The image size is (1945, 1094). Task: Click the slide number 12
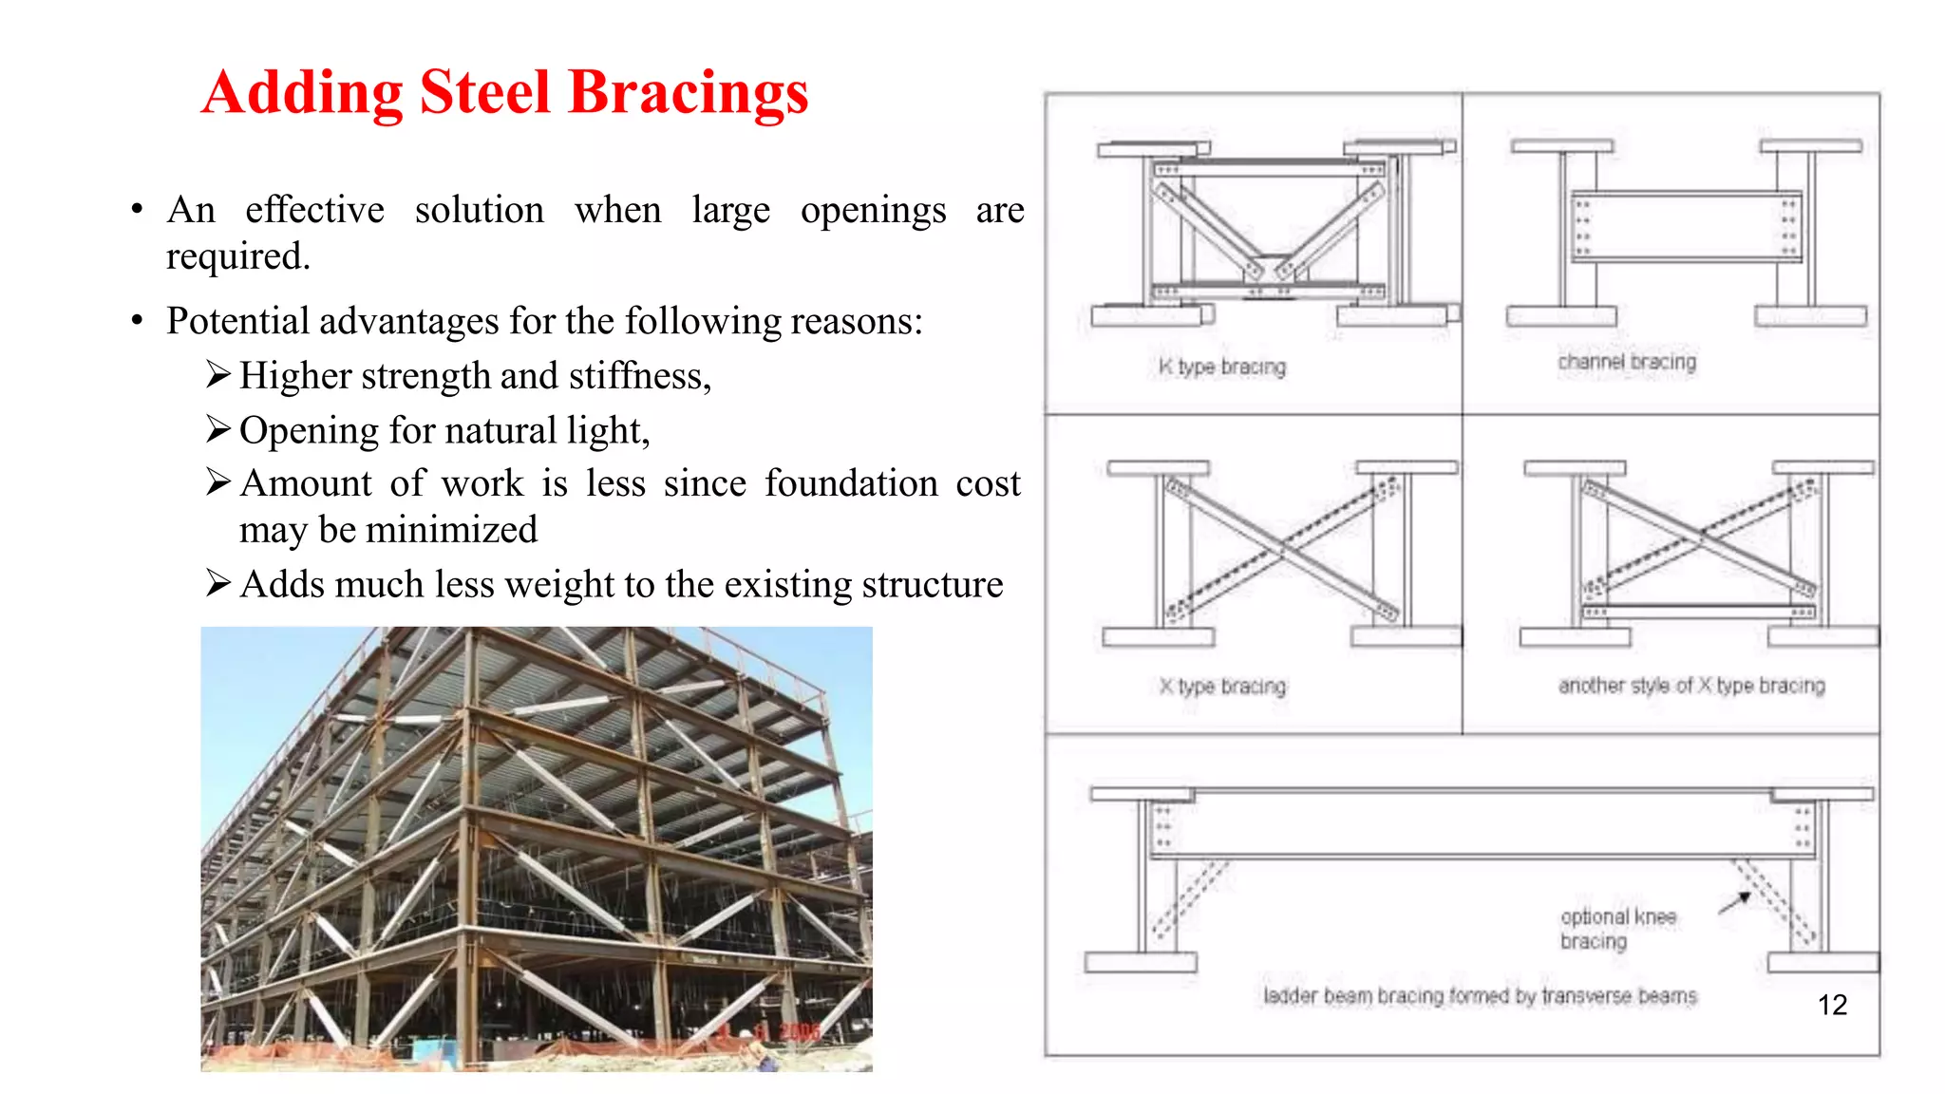pyautogui.click(x=1832, y=1005)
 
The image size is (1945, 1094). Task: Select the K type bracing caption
pyautogui.click(x=1221, y=367)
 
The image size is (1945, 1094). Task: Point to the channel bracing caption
pyautogui.click(x=1626, y=362)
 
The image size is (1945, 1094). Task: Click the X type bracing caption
pyautogui.click(x=1221, y=686)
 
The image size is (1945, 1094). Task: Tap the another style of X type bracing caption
pyautogui.click(x=1690, y=685)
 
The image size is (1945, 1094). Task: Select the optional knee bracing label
pyautogui.click(x=1617, y=929)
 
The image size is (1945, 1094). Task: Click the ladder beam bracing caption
pyautogui.click(x=1479, y=995)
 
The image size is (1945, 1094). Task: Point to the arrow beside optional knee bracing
pyautogui.click(x=1735, y=902)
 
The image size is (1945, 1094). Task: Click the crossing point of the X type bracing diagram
pyautogui.click(x=1282, y=549)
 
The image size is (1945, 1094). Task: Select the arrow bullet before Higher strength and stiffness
pyautogui.click(x=218, y=375)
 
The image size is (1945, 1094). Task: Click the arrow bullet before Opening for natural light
pyautogui.click(x=218, y=430)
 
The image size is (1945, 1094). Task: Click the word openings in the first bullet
pyautogui.click(x=873, y=210)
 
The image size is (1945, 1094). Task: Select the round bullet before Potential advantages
pyautogui.click(x=138, y=321)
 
